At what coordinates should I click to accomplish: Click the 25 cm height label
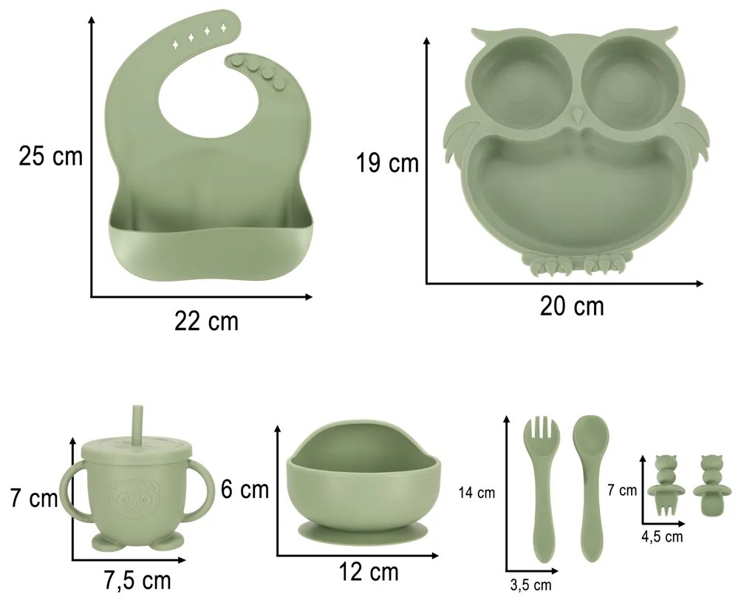50,155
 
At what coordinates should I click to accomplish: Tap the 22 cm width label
207,321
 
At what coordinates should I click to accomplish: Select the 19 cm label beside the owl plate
388,163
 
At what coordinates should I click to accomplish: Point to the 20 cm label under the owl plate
572,307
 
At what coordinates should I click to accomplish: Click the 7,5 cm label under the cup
137,580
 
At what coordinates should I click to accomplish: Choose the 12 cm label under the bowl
369,572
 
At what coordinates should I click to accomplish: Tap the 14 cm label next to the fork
477,493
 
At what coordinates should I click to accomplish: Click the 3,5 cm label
530,585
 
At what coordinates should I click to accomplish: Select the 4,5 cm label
662,536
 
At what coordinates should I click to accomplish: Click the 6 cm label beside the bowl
245,489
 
